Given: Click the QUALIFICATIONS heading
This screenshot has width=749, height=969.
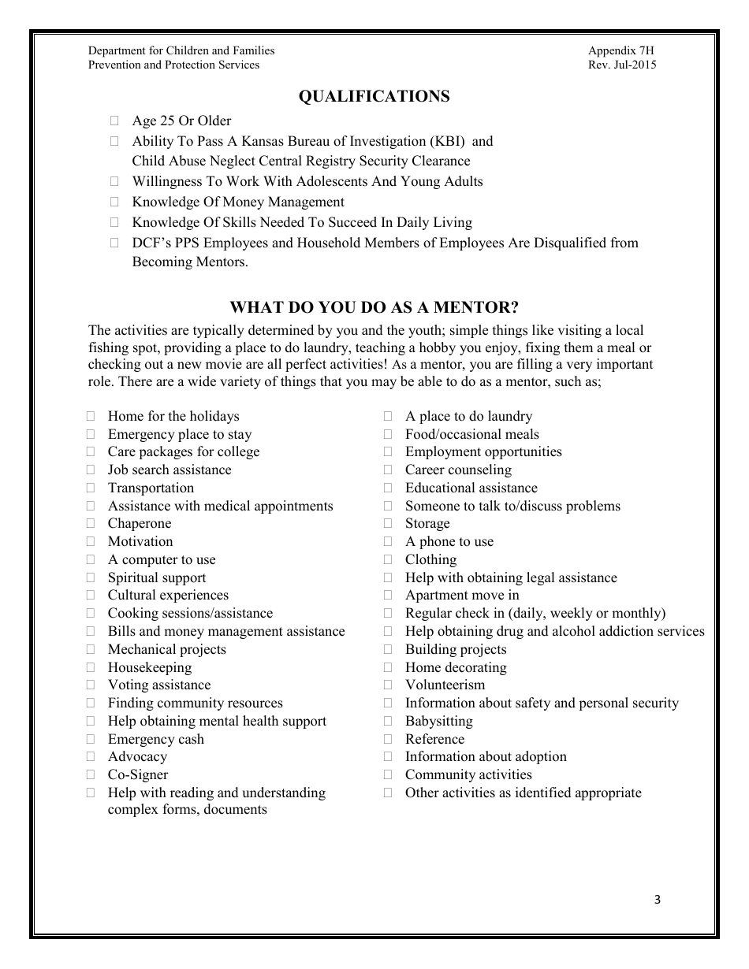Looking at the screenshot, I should (x=374, y=96).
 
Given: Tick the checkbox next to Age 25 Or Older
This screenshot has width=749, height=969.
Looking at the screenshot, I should (x=115, y=121).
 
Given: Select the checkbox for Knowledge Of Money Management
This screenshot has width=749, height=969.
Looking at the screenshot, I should (x=115, y=202).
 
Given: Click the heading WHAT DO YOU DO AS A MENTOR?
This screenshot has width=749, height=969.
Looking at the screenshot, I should (x=374, y=307).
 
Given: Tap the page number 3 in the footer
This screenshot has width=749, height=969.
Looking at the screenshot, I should (x=658, y=900).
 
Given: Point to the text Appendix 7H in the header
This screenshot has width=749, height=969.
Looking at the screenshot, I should (x=620, y=50).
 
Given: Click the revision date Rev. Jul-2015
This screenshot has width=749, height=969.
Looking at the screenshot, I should (x=621, y=65).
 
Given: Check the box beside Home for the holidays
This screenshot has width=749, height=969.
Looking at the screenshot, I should (x=91, y=417).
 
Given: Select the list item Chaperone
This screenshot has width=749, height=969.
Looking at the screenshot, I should (x=139, y=524).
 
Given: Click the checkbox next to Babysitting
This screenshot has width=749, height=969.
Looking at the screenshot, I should (x=388, y=722).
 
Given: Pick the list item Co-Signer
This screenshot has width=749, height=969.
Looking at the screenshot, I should (x=137, y=775).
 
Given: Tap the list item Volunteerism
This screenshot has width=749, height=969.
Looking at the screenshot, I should (x=445, y=685).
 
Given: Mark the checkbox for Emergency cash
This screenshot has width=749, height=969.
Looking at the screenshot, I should (x=91, y=740).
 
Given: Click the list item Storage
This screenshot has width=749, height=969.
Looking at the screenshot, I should (x=427, y=524).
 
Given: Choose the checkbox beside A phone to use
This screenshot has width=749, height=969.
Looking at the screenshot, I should (x=388, y=542).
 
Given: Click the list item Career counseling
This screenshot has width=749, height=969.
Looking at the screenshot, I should (x=458, y=470).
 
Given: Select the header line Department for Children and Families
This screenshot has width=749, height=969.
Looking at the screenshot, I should (x=181, y=50).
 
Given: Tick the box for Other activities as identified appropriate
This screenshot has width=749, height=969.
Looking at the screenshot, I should (x=388, y=793).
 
